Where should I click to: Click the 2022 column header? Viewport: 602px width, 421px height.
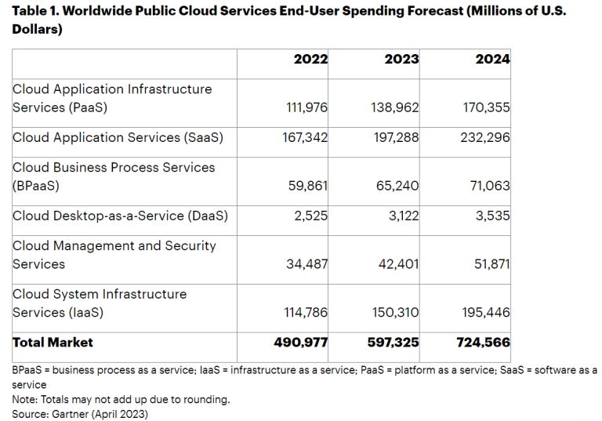click(x=310, y=60)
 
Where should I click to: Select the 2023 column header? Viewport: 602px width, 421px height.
click(x=401, y=60)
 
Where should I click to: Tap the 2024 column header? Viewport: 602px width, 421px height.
click(x=492, y=60)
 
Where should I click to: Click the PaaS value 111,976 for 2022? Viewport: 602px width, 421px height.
click(x=305, y=107)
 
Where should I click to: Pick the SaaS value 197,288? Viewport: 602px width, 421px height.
click(x=395, y=137)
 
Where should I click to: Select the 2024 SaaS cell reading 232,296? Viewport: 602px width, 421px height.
click(x=486, y=137)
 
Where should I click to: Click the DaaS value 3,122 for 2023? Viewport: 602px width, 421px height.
click(x=403, y=216)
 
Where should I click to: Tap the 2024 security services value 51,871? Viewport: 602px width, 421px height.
click(x=490, y=264)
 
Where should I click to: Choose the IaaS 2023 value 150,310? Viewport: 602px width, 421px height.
click(x=395, y=312)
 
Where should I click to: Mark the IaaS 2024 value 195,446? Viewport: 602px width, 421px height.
click(x=486, y=312)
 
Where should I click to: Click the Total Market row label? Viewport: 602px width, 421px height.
click(x=53, y=343)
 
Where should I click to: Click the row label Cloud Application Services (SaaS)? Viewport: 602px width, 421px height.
click(x=118, y=137)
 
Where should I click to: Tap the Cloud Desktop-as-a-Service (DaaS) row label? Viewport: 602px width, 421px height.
click(x=120, y=216)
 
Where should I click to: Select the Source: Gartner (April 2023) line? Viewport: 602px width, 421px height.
click(x=80, y=413)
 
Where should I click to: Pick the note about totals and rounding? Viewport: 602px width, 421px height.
click(x=121, y=399)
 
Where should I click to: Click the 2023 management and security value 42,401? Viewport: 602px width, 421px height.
click(x=399, y=264)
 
